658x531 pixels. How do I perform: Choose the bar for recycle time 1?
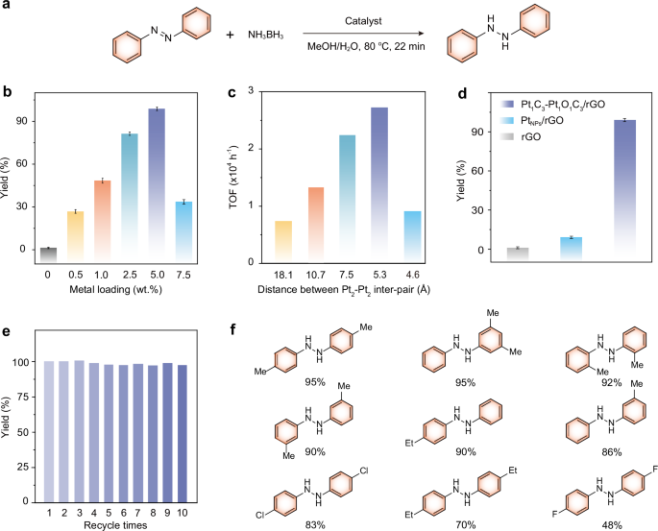47,431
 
